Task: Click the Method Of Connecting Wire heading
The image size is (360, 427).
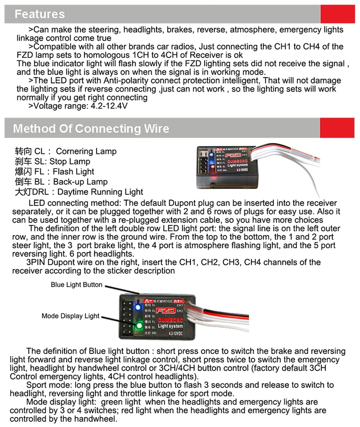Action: [x=91, y=129]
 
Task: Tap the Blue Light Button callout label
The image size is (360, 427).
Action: [x=77, y=285]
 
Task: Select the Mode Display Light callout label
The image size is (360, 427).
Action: [x=70, y=316]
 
